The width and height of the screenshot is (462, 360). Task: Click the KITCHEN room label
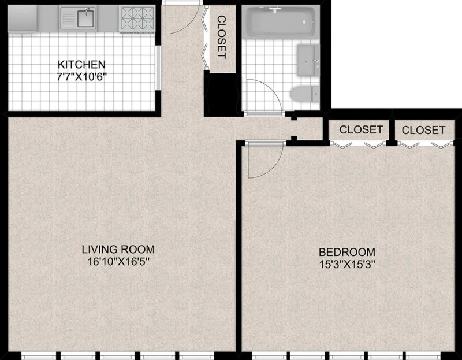tap(81, 64)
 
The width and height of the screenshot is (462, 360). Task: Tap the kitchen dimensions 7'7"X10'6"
tap(81, 77)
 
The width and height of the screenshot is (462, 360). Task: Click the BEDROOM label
tap(347, 252)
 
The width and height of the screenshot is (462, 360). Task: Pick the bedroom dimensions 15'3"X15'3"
tap(347, 265)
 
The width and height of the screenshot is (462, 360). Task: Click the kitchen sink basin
tap(86, 18)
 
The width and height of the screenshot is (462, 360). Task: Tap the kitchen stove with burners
tap(137, 19)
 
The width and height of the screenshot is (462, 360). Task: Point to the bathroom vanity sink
tap(308, 60)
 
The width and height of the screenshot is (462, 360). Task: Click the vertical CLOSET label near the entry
tap(222, 37)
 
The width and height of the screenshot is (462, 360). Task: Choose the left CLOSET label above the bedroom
tap(361, 129)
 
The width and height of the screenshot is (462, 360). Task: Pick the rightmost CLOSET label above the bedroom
tap(423, 130)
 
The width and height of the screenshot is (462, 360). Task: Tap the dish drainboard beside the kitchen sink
tap(69, 19)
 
